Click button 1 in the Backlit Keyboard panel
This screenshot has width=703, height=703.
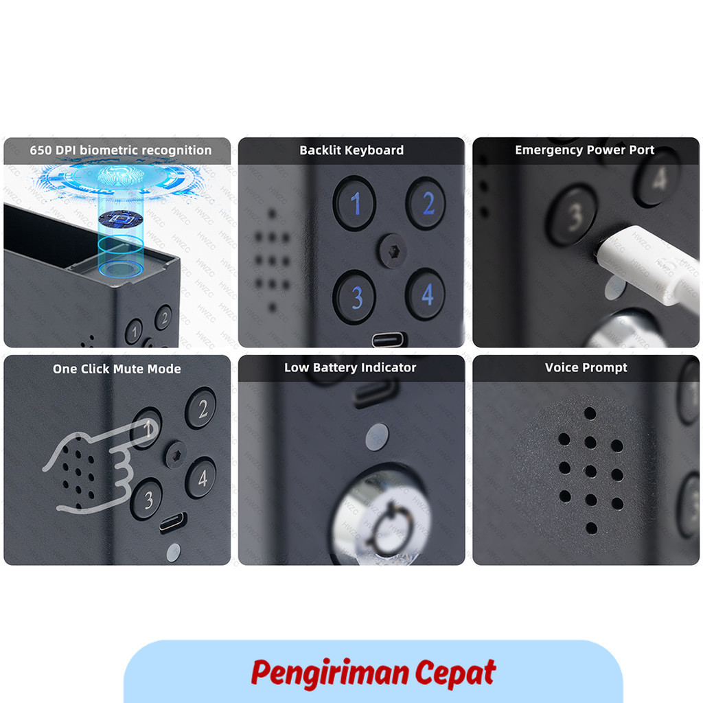354,203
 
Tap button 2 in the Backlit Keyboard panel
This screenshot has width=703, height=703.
426,203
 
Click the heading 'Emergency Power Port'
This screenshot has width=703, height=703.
585,150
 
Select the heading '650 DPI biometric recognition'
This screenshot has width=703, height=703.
121,150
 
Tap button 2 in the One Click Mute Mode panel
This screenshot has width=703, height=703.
201,408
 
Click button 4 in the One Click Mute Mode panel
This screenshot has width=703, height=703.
201,477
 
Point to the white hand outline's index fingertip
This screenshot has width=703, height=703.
150,428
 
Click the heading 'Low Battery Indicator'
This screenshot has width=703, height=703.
350,368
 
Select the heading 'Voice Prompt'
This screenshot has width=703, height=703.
586,368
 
